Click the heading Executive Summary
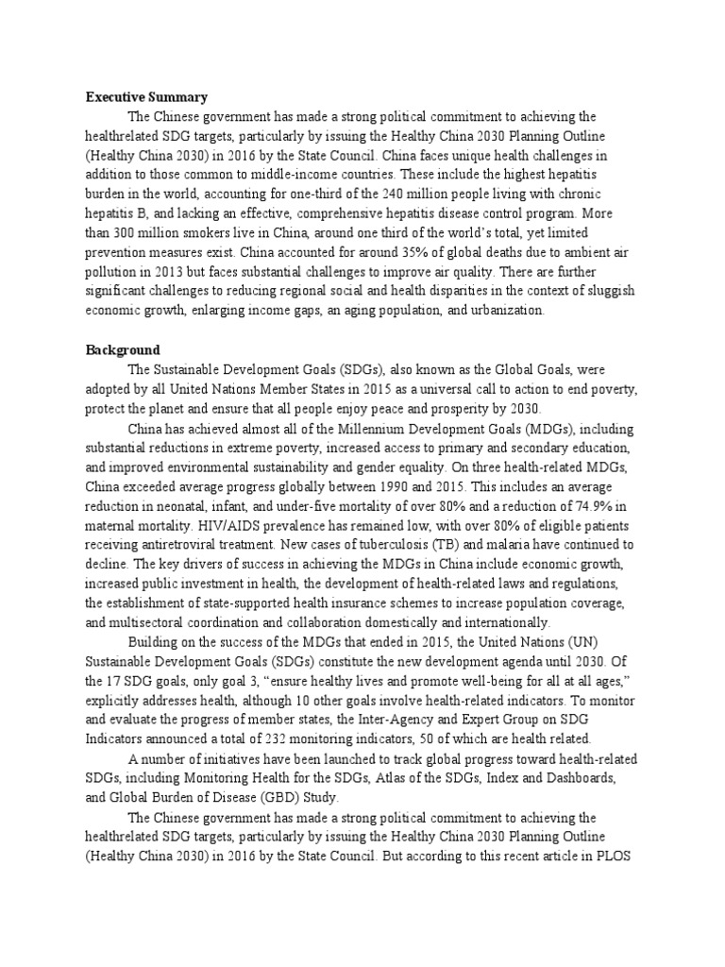[x=146, y=96]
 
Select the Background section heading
[x=123, y=349]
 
